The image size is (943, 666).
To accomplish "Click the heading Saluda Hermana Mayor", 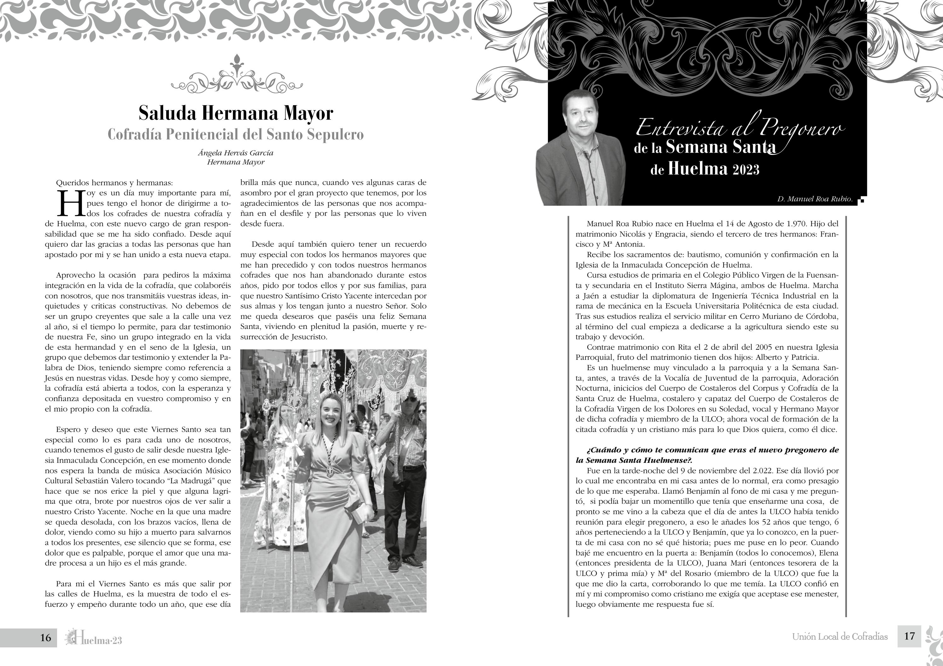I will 236,113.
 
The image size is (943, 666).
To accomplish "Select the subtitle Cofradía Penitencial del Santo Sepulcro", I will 236,135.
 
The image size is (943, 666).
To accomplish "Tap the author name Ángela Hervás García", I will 236,153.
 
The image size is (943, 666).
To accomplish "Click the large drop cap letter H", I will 71,203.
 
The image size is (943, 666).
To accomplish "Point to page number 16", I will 46,637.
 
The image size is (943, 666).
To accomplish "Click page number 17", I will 909,636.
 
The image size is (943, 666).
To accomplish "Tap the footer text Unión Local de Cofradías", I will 840,637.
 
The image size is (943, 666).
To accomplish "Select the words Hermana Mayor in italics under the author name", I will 236,162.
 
